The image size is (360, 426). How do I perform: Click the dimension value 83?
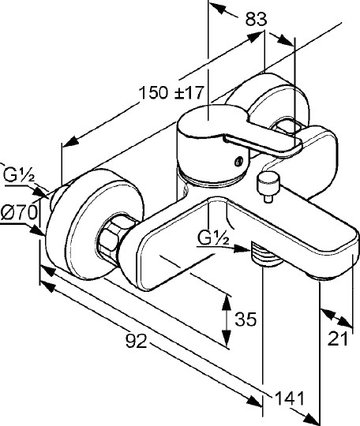pyautogui.click(x=256, y=19)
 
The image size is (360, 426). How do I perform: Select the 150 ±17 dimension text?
pyautogui.click(x=171, y=92)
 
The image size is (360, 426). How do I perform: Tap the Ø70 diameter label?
pyautogui.click(x=19, y=212)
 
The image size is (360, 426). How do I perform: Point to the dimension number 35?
pyautogui.click(x=246, y=319)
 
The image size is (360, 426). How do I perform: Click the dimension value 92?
pyautogui.click(x=137, y=341)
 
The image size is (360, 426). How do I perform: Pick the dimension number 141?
pyautogui.click(x=289, y=398)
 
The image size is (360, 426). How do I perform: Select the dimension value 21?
pyautogui.click(x=337, y=338)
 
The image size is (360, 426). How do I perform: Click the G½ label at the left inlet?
pyautogui.click(x=19, y=175)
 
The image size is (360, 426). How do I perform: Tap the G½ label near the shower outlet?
pyautogui.click(x=213, y=237)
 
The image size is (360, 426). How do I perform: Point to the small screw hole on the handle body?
pyautogui.click(x=238, y=162)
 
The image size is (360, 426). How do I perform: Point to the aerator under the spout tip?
pyautogui.click(x=324, y=278)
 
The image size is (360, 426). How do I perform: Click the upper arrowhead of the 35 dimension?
pyautogui.click(x=227, y=302)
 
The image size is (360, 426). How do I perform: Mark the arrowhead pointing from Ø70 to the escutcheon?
pyautogui.click(x=37, y=231)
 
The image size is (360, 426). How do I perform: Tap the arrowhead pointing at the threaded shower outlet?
pyautogui.click(x=242, y=248)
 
